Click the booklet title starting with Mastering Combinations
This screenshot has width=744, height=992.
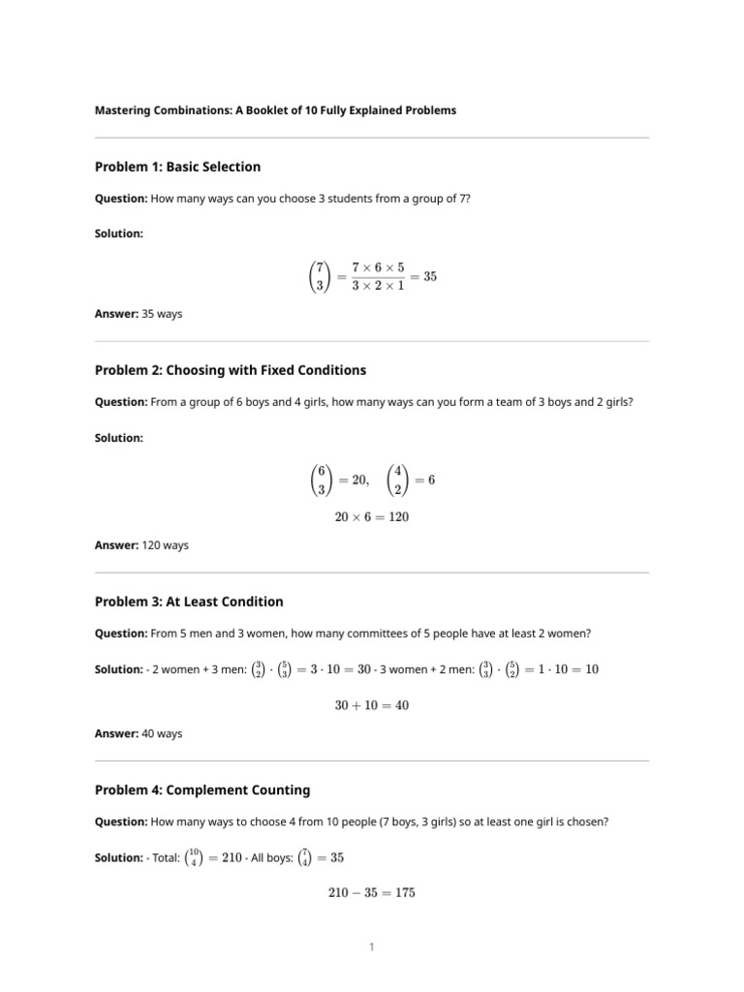[275, 110]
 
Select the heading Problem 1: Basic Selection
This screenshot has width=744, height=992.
[177, 167]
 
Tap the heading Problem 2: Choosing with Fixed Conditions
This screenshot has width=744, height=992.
[231, 370]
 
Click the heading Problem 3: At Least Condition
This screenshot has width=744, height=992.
[189, 602]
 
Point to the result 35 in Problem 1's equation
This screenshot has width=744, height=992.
[429, 276]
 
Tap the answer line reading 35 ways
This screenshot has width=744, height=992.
[139, 314]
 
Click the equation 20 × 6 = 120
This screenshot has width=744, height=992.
[372, 517]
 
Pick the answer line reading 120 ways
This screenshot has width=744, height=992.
[141, 545]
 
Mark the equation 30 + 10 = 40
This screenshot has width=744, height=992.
[372, 705]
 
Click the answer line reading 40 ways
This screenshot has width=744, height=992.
[139, 733]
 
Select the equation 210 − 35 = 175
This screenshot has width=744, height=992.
[372, 893]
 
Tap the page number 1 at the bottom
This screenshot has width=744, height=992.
[372, 946]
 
